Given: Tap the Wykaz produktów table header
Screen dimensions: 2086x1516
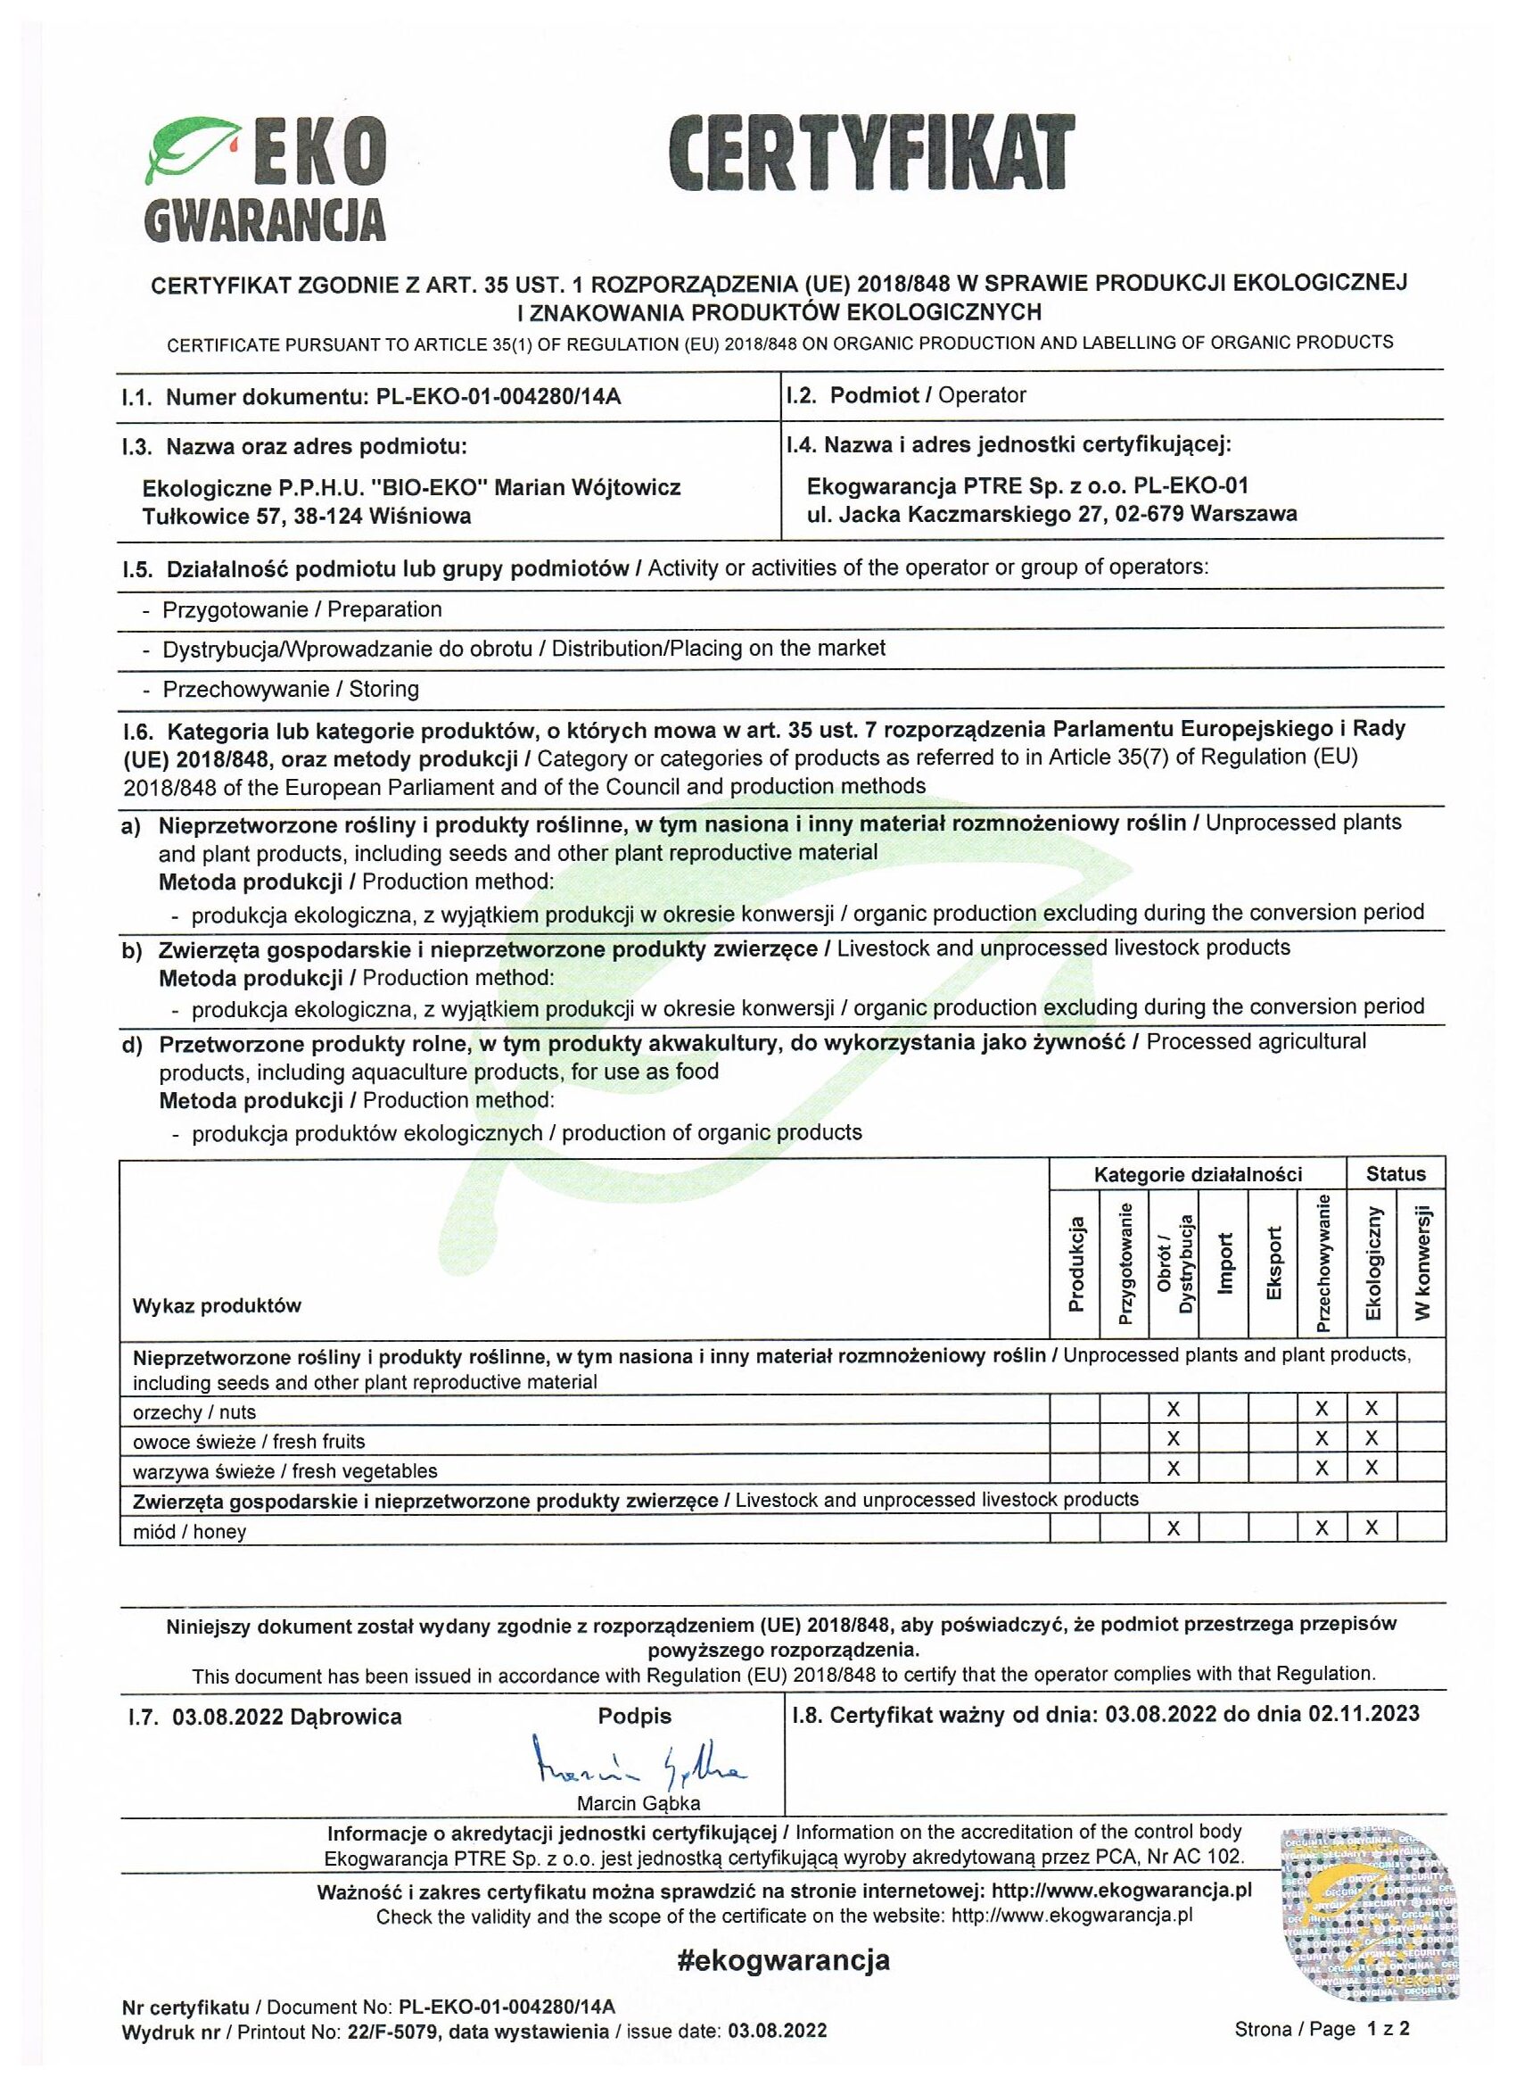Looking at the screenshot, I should pos(217,1306).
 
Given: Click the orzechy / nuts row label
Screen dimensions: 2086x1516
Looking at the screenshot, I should pos(194,1411).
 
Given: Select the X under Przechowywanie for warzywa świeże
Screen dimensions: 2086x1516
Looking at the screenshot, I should pos(1321,1469).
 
